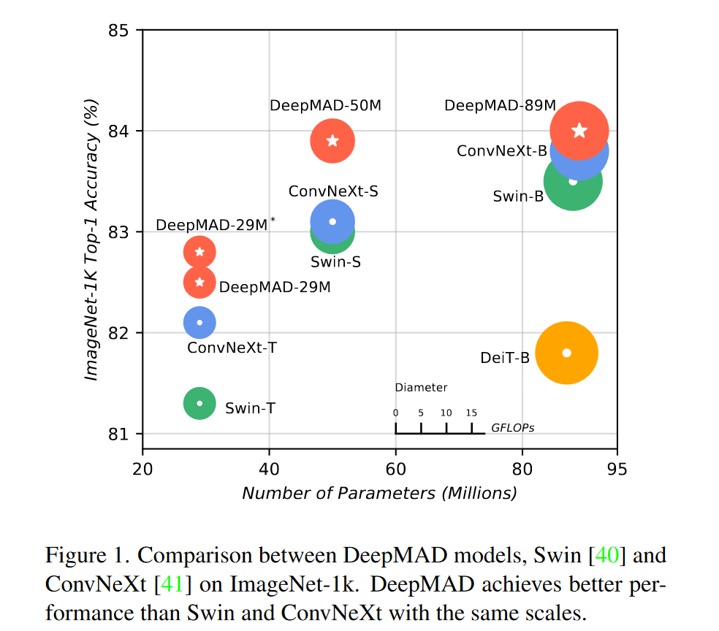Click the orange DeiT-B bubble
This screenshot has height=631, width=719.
(566, 353)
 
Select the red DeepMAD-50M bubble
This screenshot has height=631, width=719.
(332, 140)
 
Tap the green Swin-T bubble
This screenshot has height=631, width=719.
(199, 403)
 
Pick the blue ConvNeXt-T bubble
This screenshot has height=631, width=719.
(199, 322)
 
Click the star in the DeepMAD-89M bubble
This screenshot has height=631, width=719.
(579, 131)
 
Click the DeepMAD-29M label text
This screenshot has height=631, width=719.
(275, 288)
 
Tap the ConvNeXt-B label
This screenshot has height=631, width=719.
(501, 151)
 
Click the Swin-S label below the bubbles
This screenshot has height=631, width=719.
(335, 261)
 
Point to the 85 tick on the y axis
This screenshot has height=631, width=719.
(118, 31)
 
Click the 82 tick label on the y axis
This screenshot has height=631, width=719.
(118, 333)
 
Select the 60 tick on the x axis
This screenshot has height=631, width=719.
(395, 467)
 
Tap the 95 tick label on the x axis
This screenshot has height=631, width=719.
(617, 467)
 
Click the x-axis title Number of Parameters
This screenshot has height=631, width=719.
(379, 494)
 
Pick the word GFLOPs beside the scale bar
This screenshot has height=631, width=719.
(512, 428)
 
